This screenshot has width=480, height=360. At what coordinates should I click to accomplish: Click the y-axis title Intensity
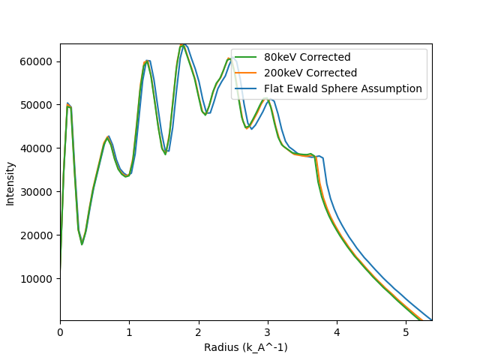click(10, 184)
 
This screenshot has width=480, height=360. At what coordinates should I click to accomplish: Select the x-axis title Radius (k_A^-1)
click(246, 347)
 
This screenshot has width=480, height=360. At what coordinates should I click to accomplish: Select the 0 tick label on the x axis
click(60, 331)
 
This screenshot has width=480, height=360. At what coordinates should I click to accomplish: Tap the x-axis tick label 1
click(129, 331)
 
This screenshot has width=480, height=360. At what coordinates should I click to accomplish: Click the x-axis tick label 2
click(198, 331)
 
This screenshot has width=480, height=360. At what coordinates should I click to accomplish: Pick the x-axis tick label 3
click(268, 331)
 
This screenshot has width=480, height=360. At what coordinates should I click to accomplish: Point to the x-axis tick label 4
click(337, 331)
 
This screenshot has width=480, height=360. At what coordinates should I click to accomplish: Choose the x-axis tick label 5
click(406, 331)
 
